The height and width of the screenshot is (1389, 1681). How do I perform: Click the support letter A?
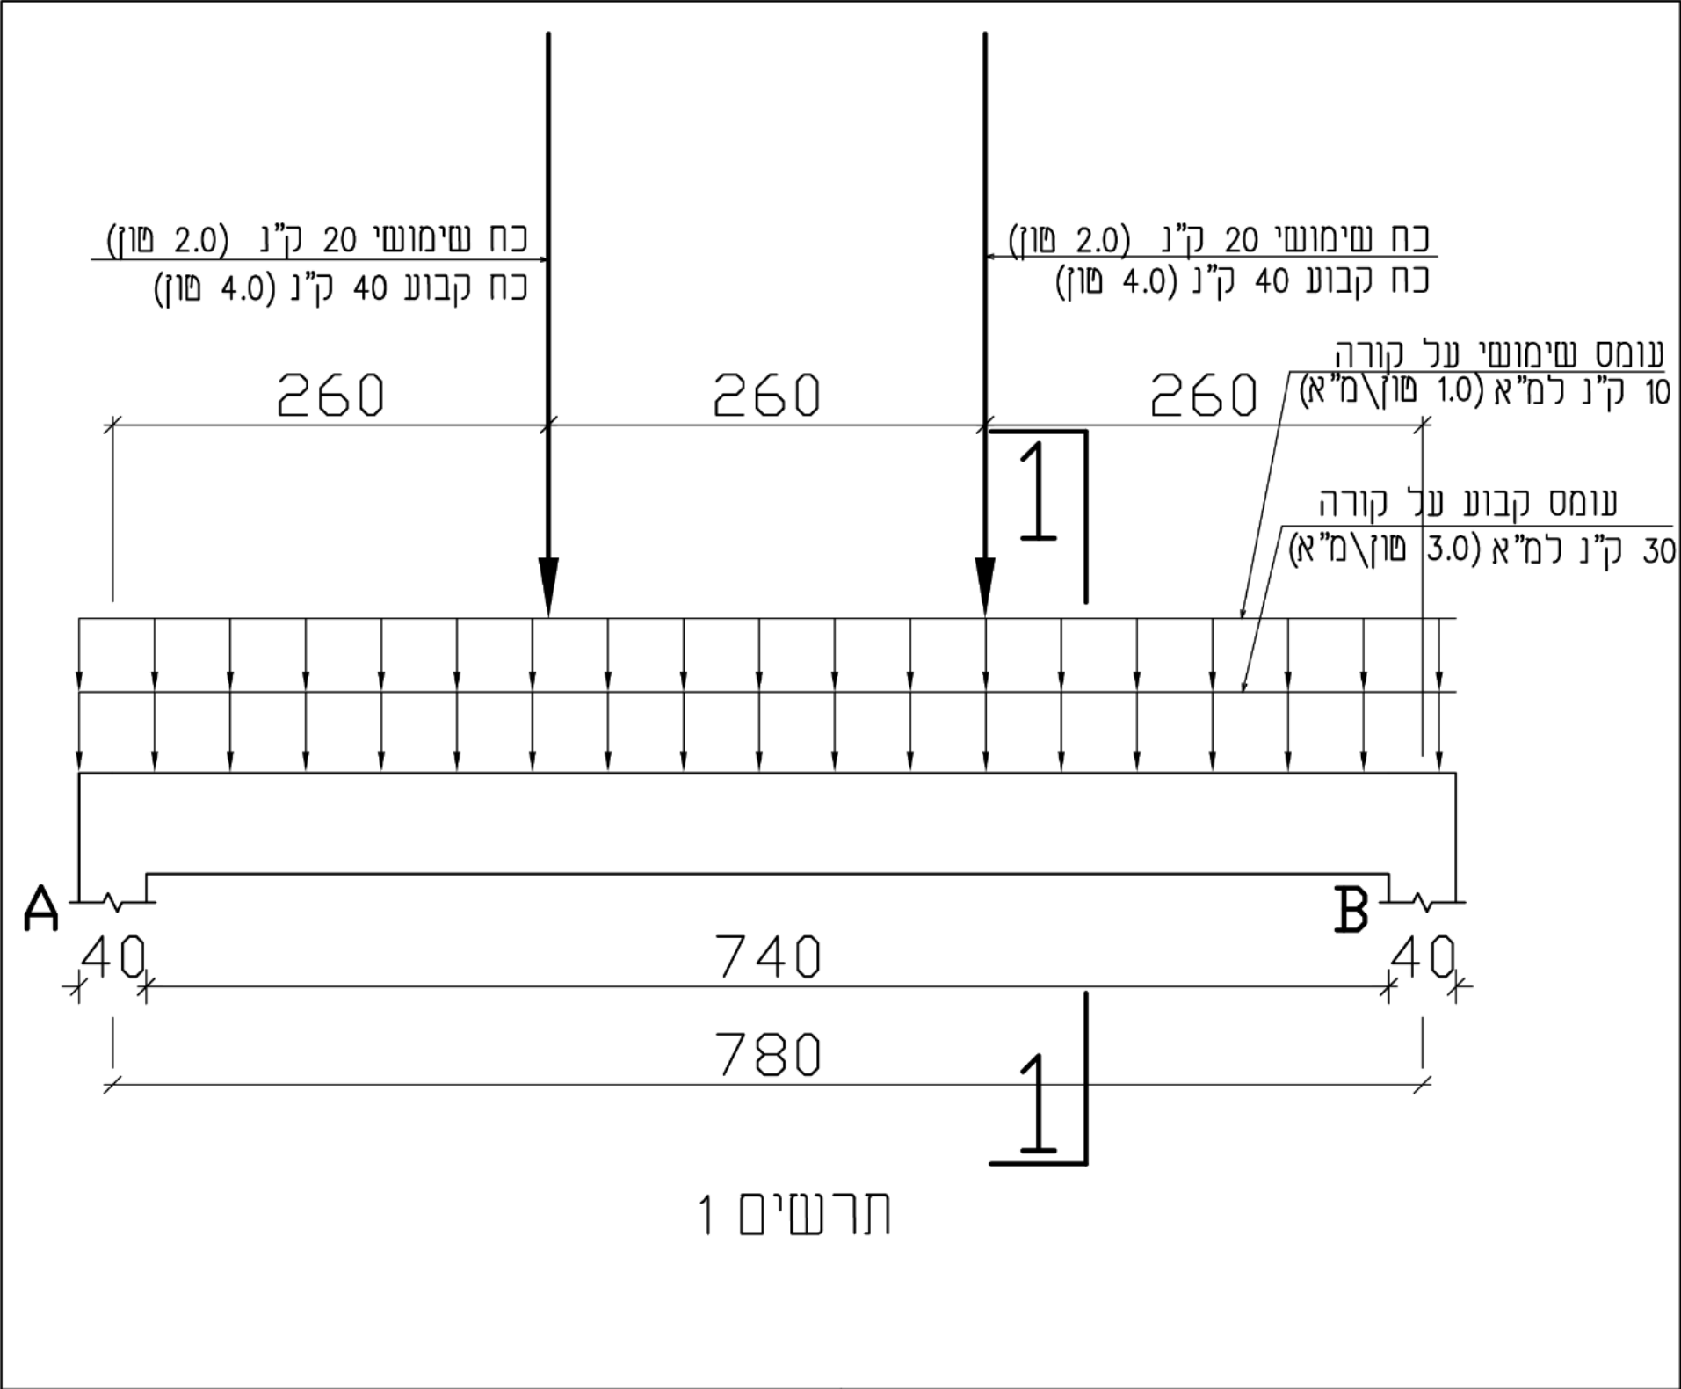tap(41, 908)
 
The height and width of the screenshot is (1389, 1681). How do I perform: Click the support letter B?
tap(1351, 909)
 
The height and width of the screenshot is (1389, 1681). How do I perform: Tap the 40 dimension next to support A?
tap(112, 956)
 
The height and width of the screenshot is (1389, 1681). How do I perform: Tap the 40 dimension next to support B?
tap(1424, 956)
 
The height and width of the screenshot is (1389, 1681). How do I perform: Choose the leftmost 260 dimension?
tap(330, 395)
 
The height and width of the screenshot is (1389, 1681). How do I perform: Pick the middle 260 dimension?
tap(766, 395)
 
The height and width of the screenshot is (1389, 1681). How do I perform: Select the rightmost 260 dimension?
tap(1204, 395)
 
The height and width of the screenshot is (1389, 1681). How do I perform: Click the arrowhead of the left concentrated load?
tap(548, 587)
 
